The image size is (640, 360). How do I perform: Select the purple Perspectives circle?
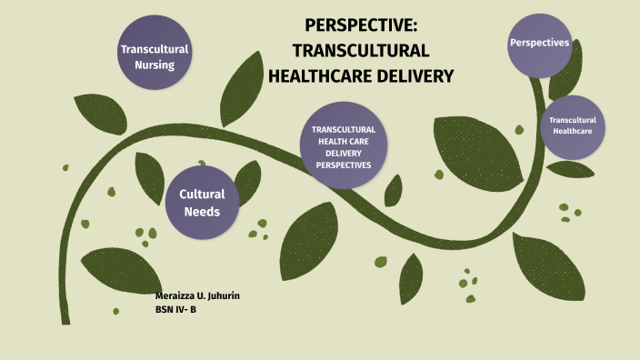(539, 44)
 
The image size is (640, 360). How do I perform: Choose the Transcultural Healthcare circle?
(572, 126)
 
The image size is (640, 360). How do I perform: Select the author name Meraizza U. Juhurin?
(198, 297)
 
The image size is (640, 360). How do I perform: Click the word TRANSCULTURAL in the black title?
(361, 51)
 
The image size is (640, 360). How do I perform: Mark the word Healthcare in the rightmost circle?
(572, 132)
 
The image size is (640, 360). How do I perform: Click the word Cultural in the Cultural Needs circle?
(202, 194)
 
